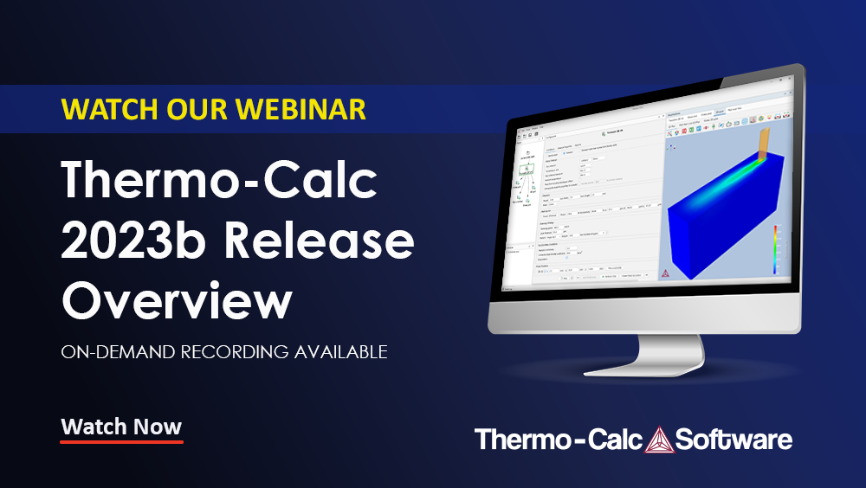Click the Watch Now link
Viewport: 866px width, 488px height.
[x=121, y=427]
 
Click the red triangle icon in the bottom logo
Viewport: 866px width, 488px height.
[x=657, y=439]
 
